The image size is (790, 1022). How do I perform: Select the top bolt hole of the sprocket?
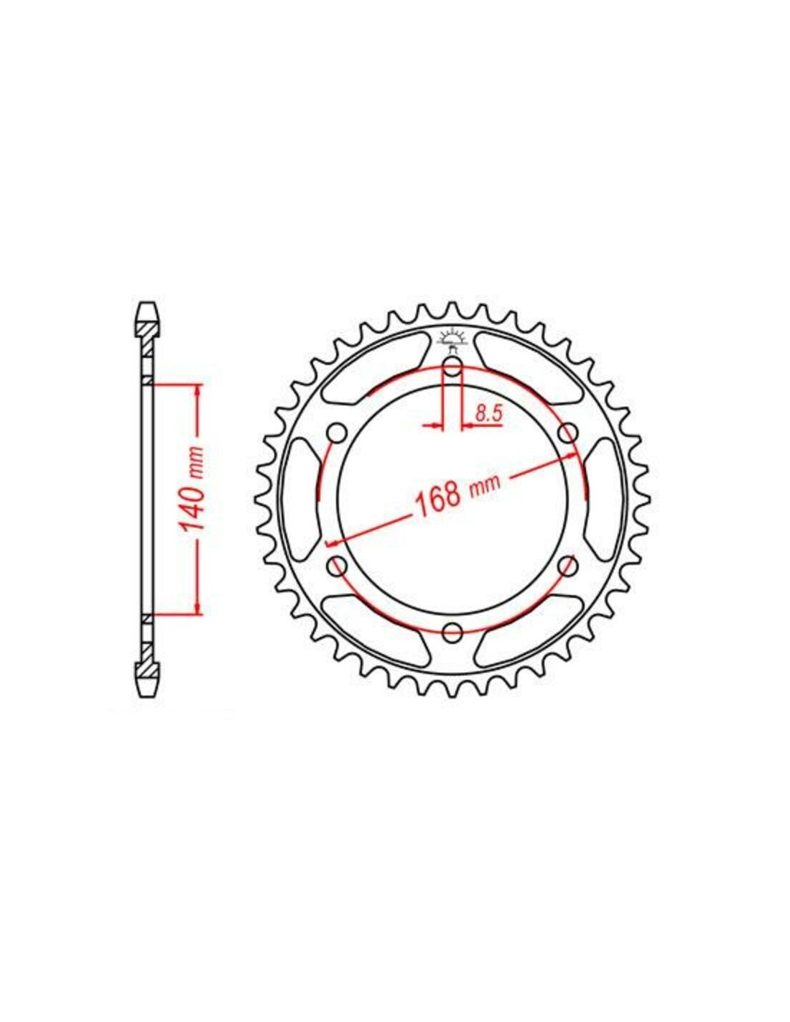point(452,367)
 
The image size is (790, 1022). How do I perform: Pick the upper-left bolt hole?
point(338,433)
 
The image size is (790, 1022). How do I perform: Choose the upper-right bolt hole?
point(567,432)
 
